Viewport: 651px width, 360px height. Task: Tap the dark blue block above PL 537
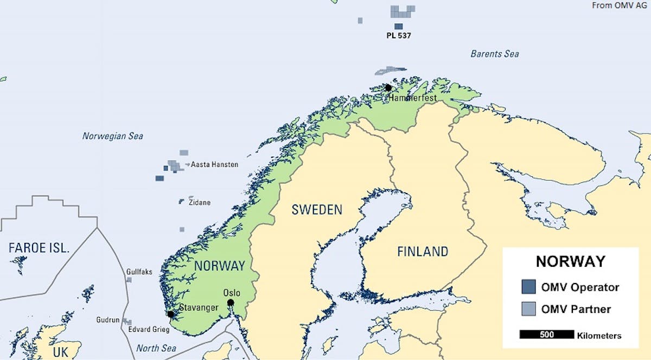(x=398, y=26)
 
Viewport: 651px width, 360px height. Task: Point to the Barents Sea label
(x=494, y=54)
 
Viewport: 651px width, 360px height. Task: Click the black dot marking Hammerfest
(x=388, y=88)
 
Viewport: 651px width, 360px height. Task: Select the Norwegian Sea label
(x=113, y=136)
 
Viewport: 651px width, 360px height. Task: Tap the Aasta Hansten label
(x=214, y=164)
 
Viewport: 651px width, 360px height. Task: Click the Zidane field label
(x=199, y=203)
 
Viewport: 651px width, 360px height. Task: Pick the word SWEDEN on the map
(x=317, y=209)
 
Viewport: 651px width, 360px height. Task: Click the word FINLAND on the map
(x=423, y=252)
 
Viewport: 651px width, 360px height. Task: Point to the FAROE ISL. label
(x=39, y=248)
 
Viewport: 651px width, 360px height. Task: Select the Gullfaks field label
(x=139, y=272)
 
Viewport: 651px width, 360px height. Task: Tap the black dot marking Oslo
(x=231, y=303)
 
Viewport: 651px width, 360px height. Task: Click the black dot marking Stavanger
(x=171, y=314)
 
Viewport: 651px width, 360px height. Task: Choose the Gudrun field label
(x=107, y=320)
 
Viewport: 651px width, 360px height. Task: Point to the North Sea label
(x=156, y=348)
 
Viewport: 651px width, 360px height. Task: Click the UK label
(x=61, y=351)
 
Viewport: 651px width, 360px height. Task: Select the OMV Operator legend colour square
(x=528, y=287)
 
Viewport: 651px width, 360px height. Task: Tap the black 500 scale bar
(x=546, y=335)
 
